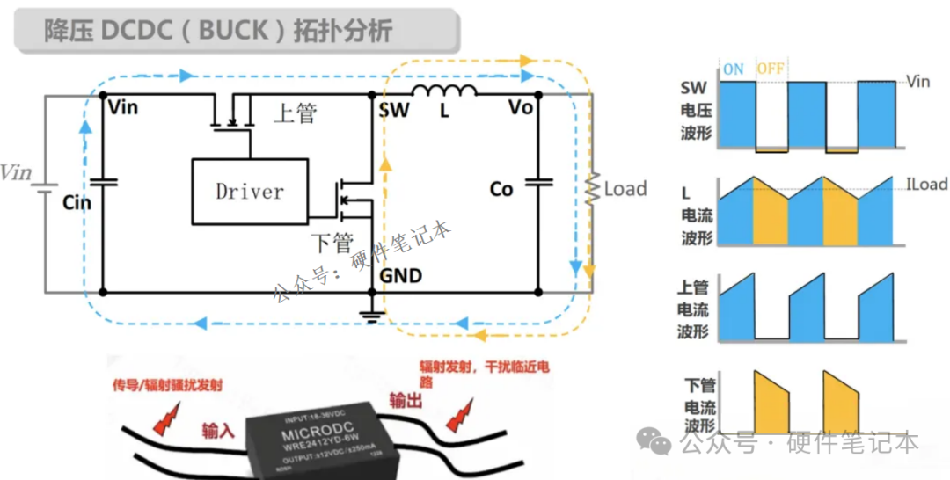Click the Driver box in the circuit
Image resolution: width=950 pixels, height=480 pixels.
tap(250, 190)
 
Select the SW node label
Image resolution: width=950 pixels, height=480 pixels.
tap(393, 109)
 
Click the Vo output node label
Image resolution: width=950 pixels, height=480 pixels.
tap(521, 108)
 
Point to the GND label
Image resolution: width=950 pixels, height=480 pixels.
tap(401, 275)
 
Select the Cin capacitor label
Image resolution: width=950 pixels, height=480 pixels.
tap(77, 202)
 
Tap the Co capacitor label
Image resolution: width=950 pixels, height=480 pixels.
tap(501, 189)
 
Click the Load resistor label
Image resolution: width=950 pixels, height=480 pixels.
tap(625, 188)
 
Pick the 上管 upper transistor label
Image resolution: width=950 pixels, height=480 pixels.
tap(295, 113)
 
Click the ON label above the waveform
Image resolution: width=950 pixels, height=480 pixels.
tap(734, 69)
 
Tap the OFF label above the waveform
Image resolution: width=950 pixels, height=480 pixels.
tap(771, 69)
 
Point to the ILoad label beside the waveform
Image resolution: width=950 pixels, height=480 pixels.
tap(926, 185)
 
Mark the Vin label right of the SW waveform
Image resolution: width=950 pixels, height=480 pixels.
tap(917, 82)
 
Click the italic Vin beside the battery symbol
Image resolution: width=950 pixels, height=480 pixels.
tap(16, 171)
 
